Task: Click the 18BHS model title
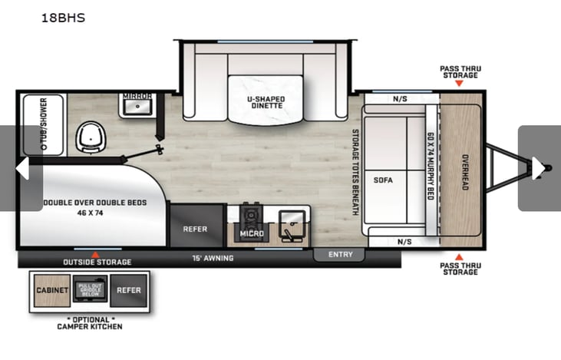64,18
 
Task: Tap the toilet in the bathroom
91,137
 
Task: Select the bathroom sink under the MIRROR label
137,107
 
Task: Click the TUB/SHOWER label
44,124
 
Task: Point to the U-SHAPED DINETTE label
266,102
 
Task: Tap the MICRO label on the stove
252,233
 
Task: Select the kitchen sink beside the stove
292,226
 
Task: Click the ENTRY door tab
340,255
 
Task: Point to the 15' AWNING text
213,258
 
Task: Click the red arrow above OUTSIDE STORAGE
95,255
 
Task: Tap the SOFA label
383,180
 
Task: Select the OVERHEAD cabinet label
465,172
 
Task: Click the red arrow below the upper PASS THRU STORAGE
459,84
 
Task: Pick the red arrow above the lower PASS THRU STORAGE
459,257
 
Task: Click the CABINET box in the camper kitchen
52,290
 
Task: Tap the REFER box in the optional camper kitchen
129,290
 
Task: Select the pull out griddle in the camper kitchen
91,289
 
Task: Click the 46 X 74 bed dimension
90,213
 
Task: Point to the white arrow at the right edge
539,168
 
